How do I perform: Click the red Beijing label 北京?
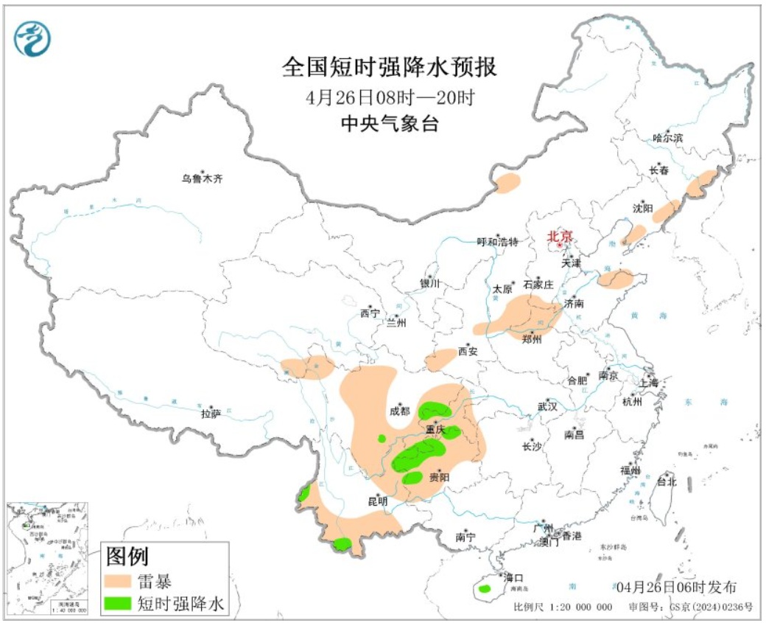(x=559, y=237)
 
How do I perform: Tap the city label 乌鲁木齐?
(x=203, y=178)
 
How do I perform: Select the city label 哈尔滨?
(x=668, y=138)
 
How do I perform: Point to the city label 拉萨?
(x=211, y=414)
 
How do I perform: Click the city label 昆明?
(x=377, y=501)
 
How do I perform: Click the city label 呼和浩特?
(x=498, y=242)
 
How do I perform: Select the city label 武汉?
(x=548, y=406)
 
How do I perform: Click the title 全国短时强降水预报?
(x=390, y=68)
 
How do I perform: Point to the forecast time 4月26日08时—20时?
(x=390, y=97)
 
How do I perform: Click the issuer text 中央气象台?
(x=390, y=123)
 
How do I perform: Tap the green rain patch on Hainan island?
(x=484, y=588)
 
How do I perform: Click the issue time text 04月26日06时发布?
(x=675, y=587)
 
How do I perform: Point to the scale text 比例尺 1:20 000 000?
(x=563, y=607)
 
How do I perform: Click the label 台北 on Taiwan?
(x=667, y=481)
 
